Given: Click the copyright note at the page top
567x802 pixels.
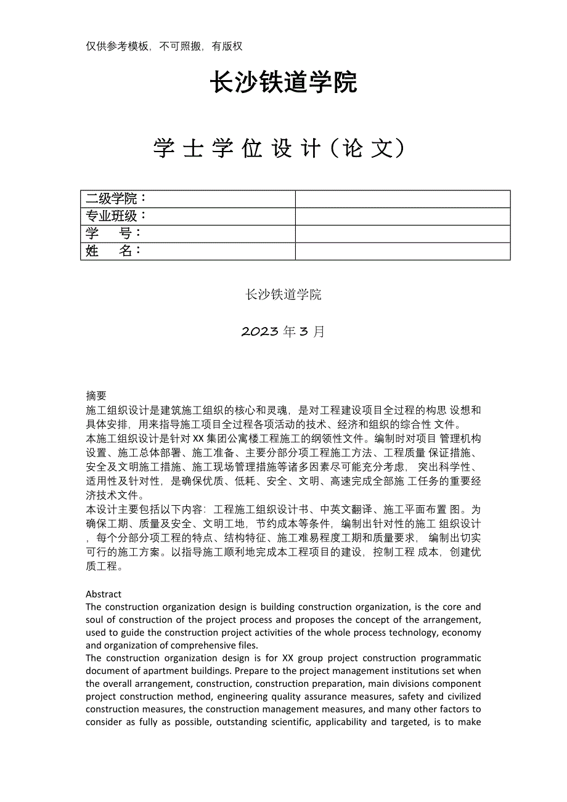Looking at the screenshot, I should (164, 46).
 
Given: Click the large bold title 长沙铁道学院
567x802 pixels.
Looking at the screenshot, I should (283, 83).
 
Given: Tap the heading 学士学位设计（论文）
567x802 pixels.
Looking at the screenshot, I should (280, 148).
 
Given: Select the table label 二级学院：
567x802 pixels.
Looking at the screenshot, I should (116, 199).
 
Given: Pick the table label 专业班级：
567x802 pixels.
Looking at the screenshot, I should (116, 216).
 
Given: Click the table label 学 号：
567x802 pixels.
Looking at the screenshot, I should (114, 233).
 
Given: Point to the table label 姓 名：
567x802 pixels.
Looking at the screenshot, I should (114, 251).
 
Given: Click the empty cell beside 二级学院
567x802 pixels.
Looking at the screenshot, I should (402, 199).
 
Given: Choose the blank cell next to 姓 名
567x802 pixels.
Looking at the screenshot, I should (402, 251).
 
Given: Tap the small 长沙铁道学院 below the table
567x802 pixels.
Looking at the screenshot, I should (283, 294).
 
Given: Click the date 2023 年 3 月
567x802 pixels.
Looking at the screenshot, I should (283, 331).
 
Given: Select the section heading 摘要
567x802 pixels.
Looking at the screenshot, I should (96, 395).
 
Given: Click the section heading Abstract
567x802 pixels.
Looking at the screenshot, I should (104, 594).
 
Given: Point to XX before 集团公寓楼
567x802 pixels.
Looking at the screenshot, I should (198, 439).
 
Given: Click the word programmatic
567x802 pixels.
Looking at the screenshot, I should (452, 658).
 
